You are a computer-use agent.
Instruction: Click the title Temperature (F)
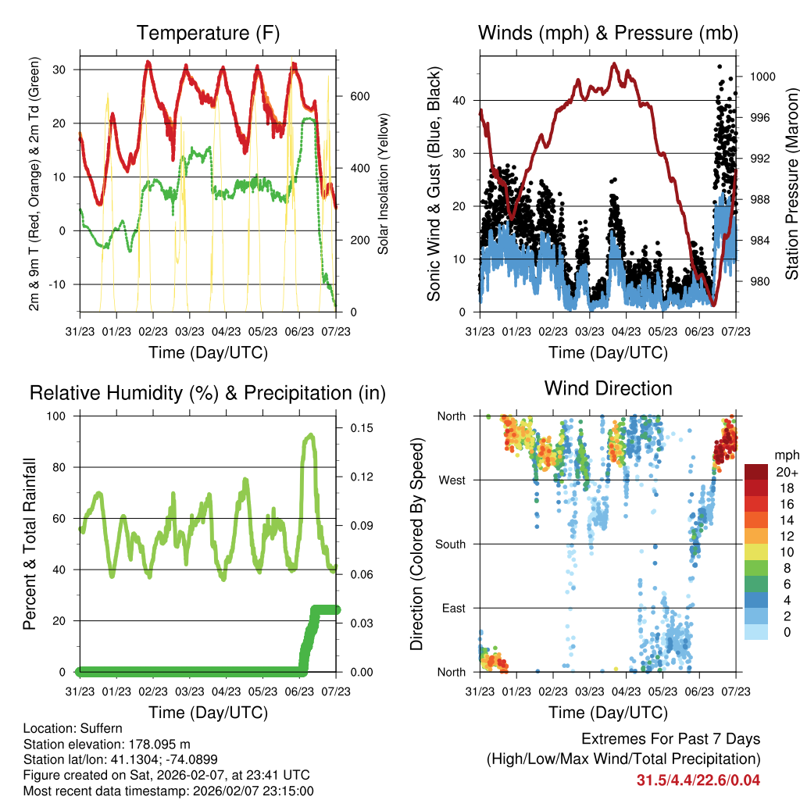207,33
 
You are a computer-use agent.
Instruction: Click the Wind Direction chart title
608,387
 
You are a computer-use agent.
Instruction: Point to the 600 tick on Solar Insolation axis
359,97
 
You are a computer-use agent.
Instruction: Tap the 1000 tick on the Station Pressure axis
761,77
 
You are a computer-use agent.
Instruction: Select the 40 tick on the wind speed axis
459,100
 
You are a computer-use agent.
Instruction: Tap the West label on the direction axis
452,480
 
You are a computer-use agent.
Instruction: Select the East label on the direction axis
453,608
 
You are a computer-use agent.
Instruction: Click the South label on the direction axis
450,545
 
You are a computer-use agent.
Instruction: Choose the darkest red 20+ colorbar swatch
756,472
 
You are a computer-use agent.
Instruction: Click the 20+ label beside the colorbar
785,473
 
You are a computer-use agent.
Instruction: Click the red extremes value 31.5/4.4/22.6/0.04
698,780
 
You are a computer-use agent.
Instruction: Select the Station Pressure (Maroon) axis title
791,173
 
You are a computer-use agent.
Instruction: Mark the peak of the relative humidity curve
311,435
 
